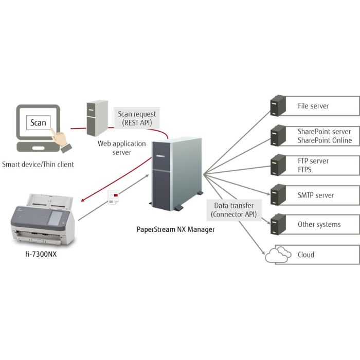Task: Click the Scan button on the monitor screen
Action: tap(38, 122)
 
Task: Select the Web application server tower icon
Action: tap(97, 118)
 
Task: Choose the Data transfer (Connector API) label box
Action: tap(233, 209)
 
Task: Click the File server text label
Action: tap(313, 106)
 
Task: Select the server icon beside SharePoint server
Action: tap(278, 136)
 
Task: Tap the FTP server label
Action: tap(313, 161)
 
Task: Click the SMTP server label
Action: tap(316, 195)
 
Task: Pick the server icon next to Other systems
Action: tap(278, 225)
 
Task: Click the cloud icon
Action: tap(277, 255)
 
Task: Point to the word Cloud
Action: tap(305, 255)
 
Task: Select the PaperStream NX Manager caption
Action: tap(175, 229)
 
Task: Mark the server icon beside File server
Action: tap(278, 106)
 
